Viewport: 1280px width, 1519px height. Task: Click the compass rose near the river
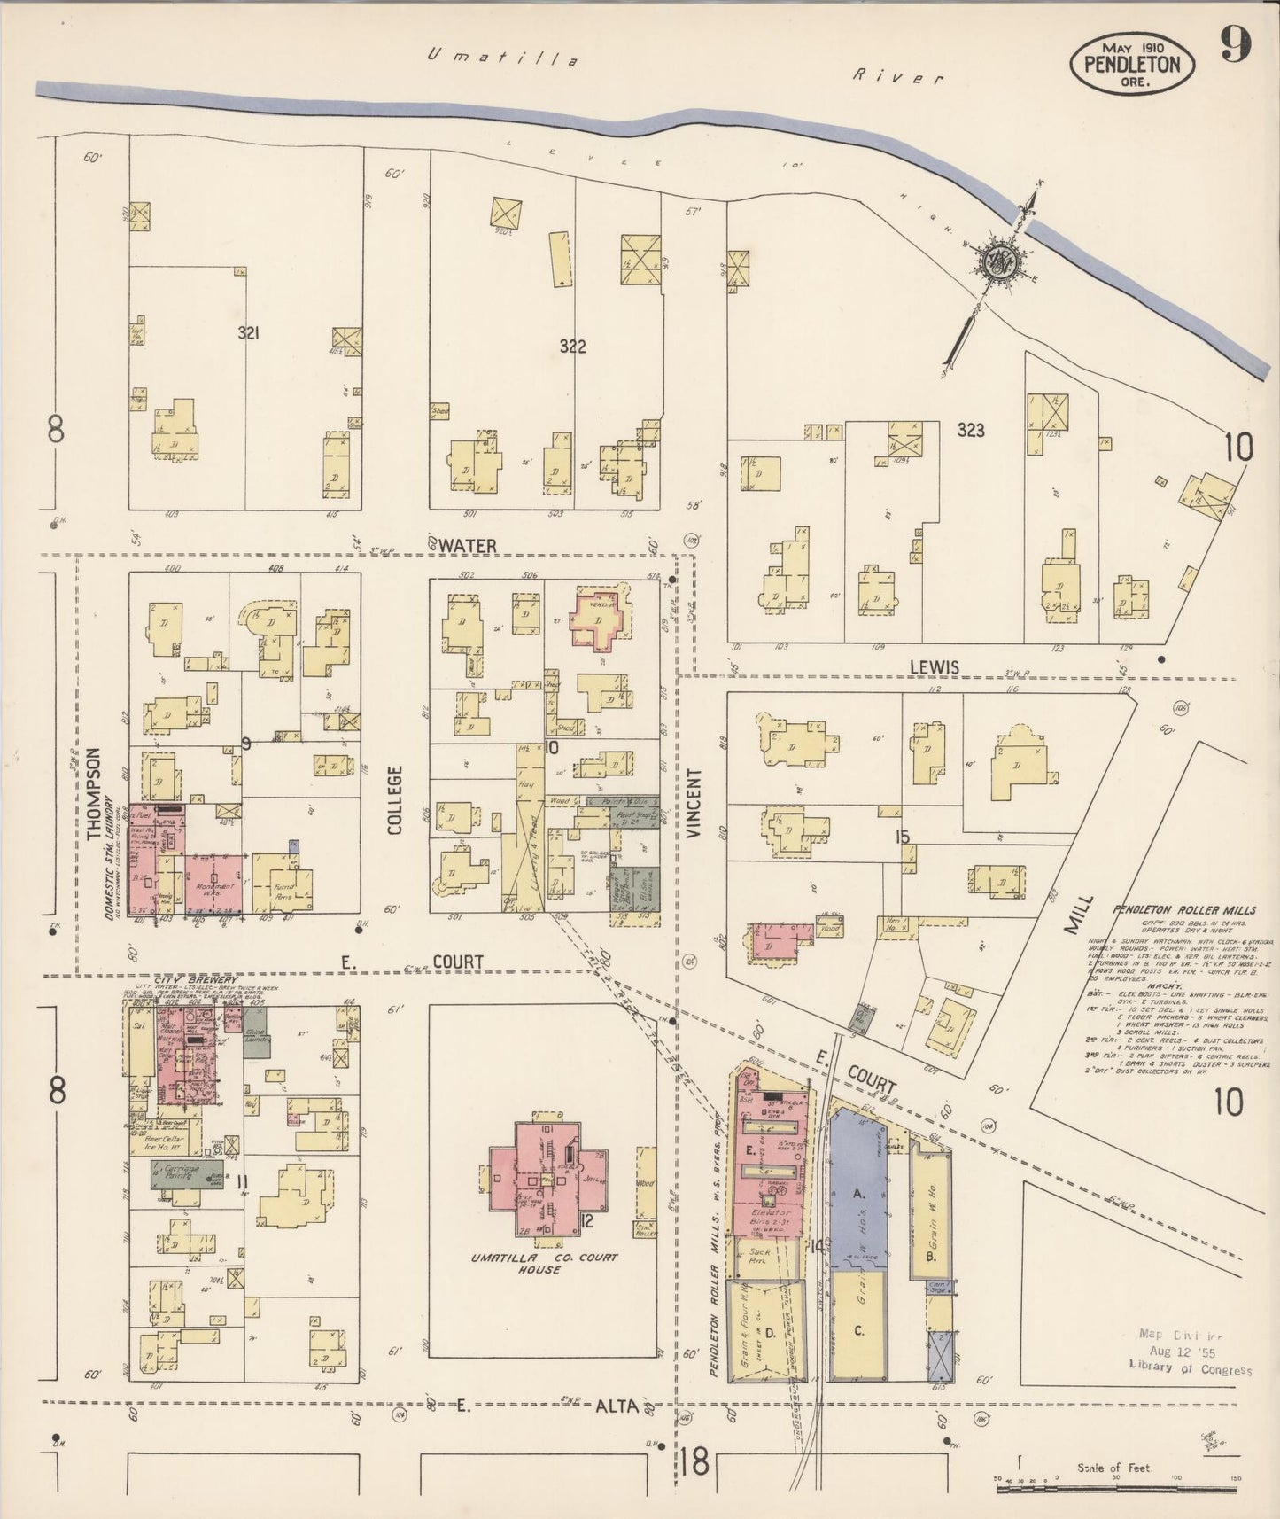tap(1004, 261)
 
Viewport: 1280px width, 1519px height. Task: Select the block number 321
tap(249, 333)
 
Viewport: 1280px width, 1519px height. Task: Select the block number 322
tap(572, 347)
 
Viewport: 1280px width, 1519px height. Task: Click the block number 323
tap(971, 431)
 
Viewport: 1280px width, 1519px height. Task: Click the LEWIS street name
tap(935, 666)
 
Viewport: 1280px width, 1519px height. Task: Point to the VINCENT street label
tap(693, 803)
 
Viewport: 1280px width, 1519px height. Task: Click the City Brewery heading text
tap(189, 980)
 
